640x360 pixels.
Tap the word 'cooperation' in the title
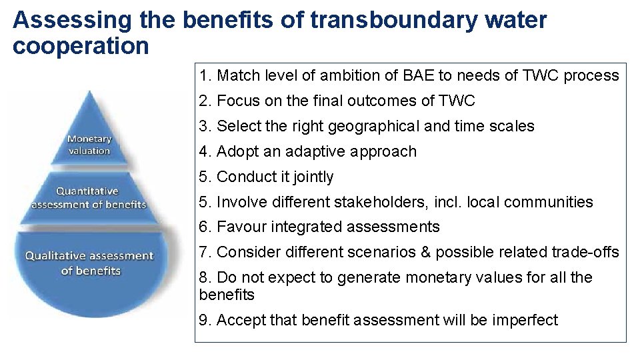(81, 46)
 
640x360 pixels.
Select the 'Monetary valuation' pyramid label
(89, 145)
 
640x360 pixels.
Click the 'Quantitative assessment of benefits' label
(89, 197)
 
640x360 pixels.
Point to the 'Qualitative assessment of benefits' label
(89, 263)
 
